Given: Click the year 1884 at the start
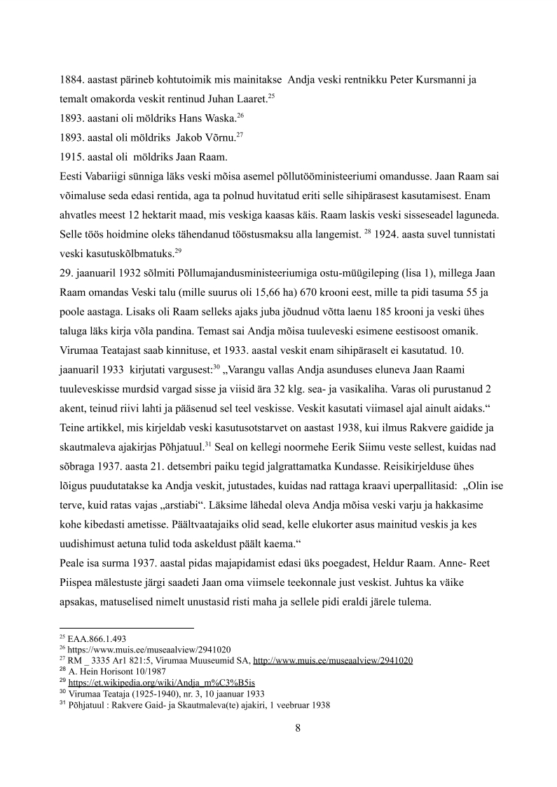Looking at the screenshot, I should pyautogui.click(x=71, y=80).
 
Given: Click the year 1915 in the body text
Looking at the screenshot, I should pyautogui.click(x=71, y=155).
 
